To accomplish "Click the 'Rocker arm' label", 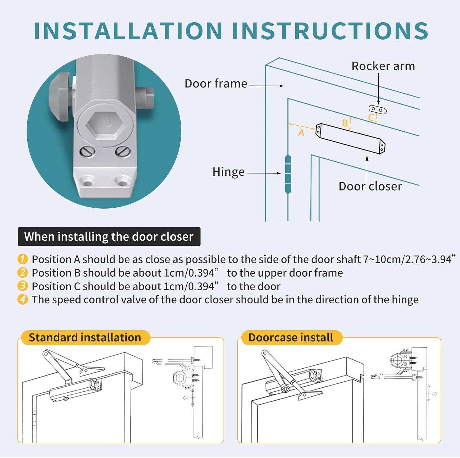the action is click(383, 66).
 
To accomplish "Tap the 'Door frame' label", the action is click(216, 83).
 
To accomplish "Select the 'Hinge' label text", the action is click(228, 172).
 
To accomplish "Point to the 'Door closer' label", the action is click(370, 186).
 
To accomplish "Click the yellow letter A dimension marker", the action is click(301, 133).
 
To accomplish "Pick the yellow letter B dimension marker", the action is click(345, 123).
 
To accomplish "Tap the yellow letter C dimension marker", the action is click(371, 117).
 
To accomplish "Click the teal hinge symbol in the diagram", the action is click(288, 174).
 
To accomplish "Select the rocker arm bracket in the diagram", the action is click(378, 110).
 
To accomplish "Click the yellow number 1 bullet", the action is click(23, 259).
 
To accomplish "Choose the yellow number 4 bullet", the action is click(23, 299).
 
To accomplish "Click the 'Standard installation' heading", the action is click(85, 337).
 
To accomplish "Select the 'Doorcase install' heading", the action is click(290, 337).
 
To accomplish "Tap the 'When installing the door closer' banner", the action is click(109, 237).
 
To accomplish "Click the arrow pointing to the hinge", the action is click(264, 173).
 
